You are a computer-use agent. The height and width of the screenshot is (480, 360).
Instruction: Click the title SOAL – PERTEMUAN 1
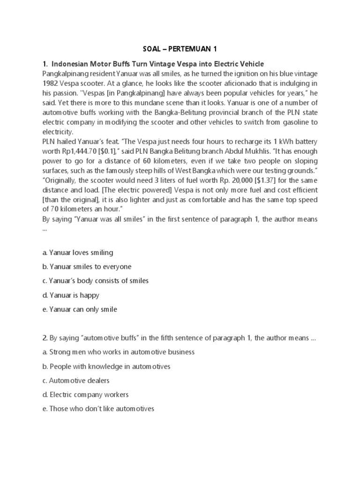coord(180,49)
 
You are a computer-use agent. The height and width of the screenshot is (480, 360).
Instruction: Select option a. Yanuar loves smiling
coord(77,253)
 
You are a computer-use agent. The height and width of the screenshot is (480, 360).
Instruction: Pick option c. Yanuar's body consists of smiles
coord(95,281)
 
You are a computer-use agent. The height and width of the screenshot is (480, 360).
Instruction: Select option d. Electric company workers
coord(85,395)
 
